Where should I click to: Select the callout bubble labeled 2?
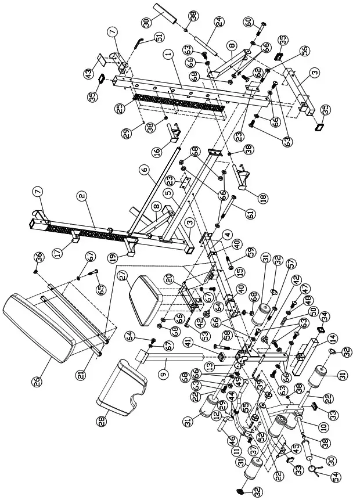point(82,196)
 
